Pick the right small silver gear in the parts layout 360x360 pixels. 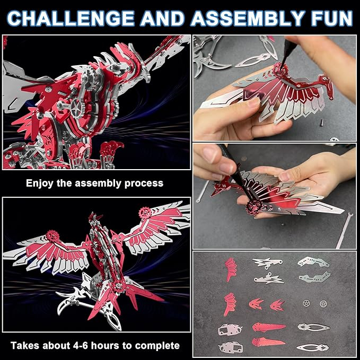323,304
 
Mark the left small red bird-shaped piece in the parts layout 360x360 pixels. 256,305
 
